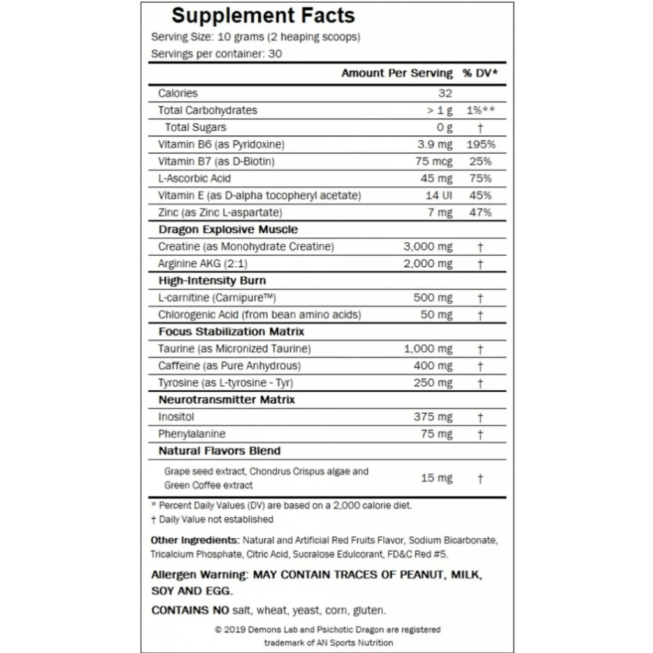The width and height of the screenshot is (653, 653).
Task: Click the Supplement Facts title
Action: (263, 15)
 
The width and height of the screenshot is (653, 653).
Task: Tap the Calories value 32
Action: (444, 93)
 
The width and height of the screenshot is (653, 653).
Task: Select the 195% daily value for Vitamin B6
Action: (480, 144)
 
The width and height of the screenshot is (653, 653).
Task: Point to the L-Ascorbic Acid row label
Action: (194, 179)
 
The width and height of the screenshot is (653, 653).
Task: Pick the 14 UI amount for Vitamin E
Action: (439, 195)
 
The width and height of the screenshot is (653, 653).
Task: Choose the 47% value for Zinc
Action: (480, 212)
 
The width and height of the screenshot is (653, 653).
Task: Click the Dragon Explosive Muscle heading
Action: (228, 230)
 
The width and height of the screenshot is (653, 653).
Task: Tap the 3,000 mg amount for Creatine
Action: (428, 246)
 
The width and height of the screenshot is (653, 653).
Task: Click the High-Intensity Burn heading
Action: (212, 281)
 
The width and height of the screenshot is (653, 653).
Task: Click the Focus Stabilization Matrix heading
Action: (231, 332)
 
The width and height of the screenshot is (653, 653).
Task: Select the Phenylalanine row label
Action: (191, 434)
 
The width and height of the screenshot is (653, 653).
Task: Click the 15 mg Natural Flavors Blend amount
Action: (437, 478)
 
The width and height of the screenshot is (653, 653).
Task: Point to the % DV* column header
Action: (480, 73)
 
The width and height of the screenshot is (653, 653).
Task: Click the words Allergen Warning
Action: (198, 575)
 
